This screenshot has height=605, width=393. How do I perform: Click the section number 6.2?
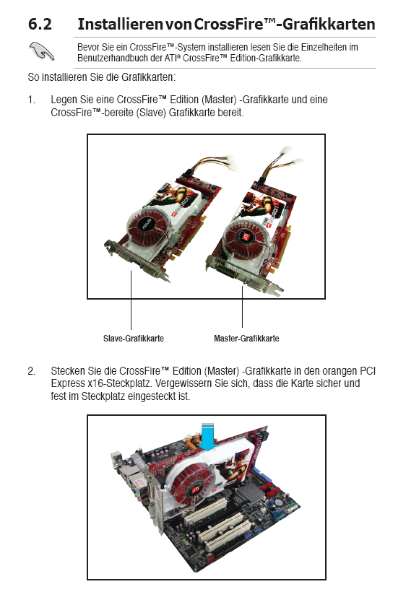coord(40,24)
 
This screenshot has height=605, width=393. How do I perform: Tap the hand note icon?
coord(42,51)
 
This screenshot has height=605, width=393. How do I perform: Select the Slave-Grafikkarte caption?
coord(134,339)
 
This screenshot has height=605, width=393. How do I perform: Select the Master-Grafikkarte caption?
coord(246,339)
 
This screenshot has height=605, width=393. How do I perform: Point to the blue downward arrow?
coord(208,437)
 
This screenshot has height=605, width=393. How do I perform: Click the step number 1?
coord(31,100)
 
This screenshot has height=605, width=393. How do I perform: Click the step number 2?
coord(31,371)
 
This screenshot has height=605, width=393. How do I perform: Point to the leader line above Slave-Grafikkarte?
coord(131,300)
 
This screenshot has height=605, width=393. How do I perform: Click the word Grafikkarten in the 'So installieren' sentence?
coord(148,77)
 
